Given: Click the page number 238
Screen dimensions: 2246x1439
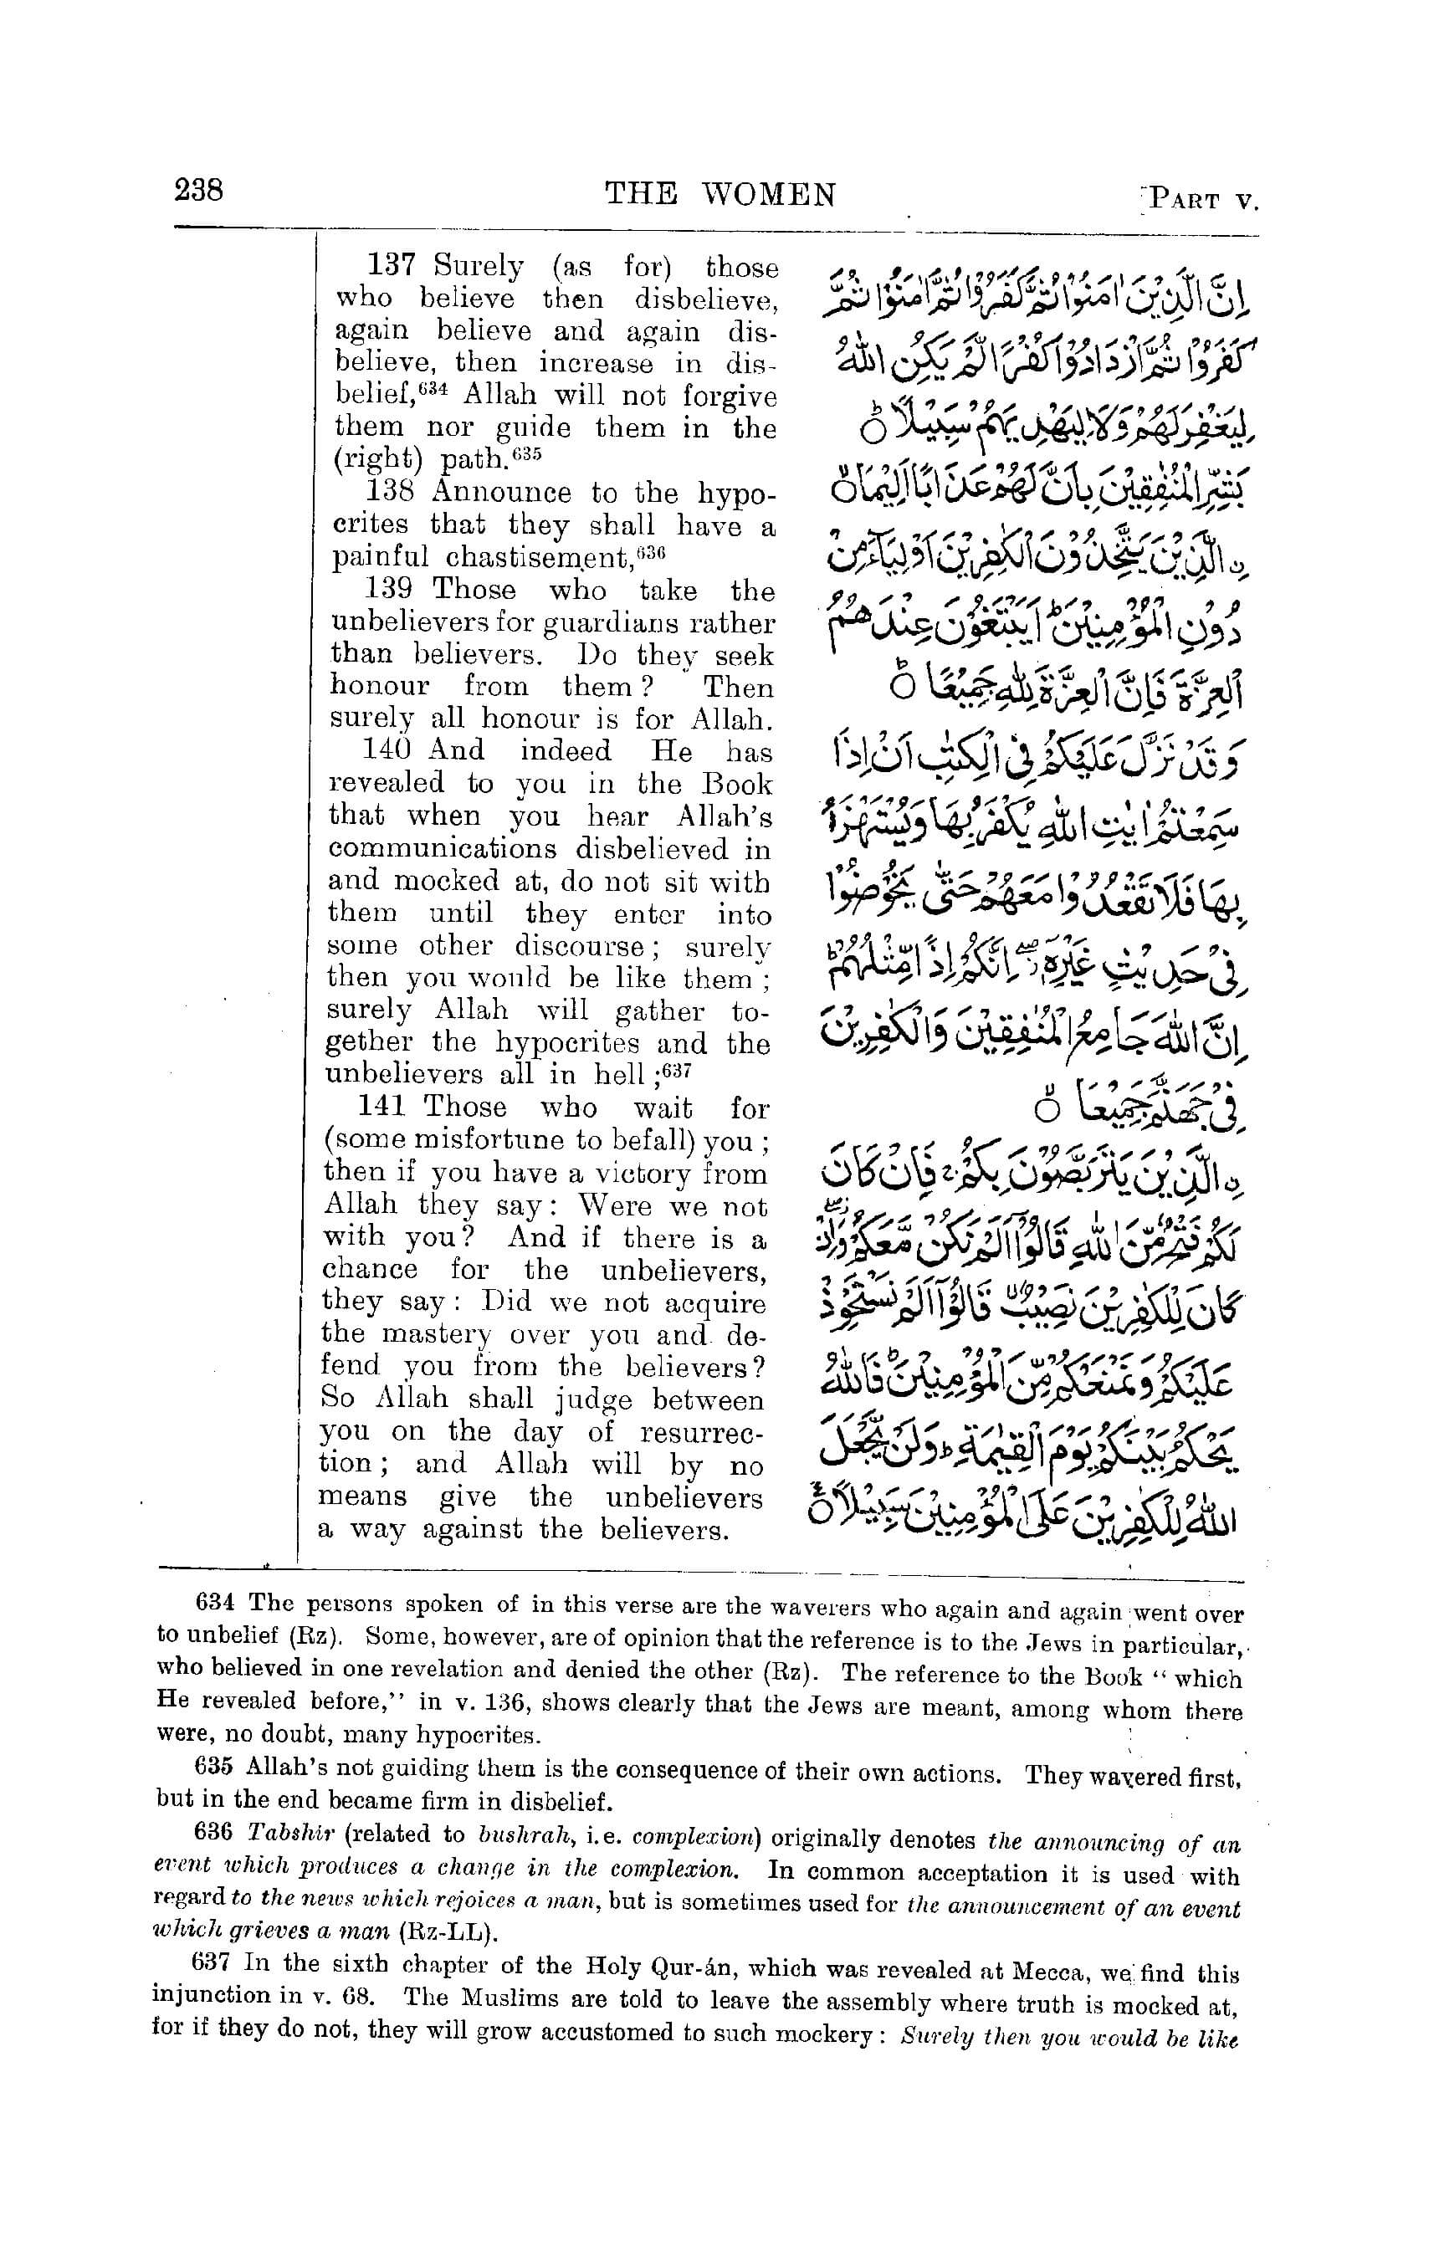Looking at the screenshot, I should (x=198, y=191).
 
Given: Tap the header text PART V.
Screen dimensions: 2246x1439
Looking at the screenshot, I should (x=1205, y=200).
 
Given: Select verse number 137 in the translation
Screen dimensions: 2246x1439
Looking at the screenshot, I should (x=390, y=265).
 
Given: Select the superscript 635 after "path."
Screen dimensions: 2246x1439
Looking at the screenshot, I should (x=526, y=454).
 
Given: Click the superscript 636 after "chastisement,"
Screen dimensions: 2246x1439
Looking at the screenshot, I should (x=650, y=551).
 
